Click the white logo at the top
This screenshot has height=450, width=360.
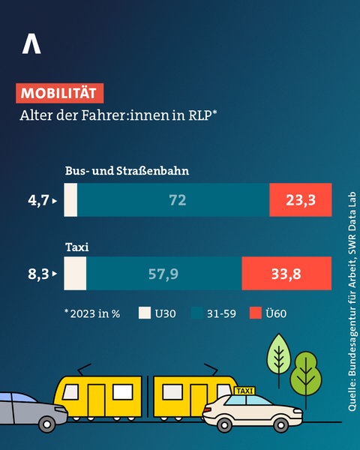(x=31, y=44)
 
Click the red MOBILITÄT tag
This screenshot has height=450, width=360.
(x=59, y=94)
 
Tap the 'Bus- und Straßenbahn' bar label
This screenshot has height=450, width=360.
(x=126, y=170)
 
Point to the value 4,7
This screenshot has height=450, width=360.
(x=38, y=200)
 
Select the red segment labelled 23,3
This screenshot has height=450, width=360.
(x=300, y=200)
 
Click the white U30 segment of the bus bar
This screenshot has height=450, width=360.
(x=70, y=200)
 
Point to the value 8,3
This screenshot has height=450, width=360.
(x=38, y=274)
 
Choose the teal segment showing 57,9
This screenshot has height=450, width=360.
(x=163, y=274)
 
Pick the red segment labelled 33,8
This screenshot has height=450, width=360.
(x=286, y=274)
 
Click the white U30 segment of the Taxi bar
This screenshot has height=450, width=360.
(x=75, y=274)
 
